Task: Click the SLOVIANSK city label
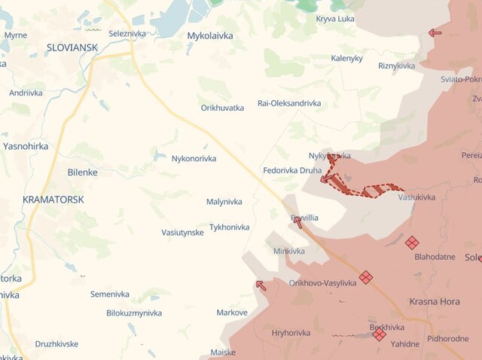pos(72,47)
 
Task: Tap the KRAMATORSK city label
pos(53,200)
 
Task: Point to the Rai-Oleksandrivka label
pos(289,103)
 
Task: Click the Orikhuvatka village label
pos(222,108)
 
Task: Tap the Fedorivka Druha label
pos(292,170)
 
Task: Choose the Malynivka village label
pos(224,202)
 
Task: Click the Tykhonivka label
pos(230,227)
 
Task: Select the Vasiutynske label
pos(182,233)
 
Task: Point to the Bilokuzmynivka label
pos(134,313)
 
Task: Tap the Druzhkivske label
pos(56,344)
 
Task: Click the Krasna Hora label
pos(435,301)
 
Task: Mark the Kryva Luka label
pos(335,18)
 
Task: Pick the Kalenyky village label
pos(346,58)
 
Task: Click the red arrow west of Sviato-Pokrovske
pos(435,32)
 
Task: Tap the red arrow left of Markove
pos(261,285)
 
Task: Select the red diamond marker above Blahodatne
pos(412,243)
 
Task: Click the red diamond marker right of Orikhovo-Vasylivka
pos(365,277)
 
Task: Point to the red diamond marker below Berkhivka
pos(379,334)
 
